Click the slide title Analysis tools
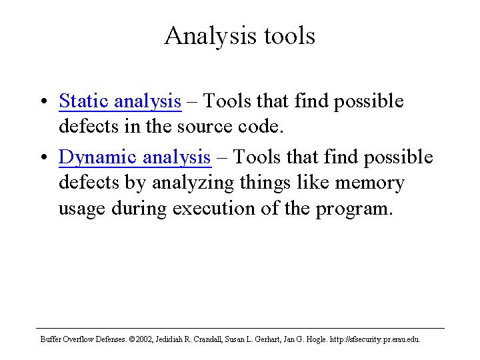pos(240,37)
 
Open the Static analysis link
pos(120,101)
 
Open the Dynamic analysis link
pos(135,157)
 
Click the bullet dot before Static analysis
pos(44,101)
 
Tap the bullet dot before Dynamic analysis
pos(44,157)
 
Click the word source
pos(205,127)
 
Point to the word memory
pos(370,183)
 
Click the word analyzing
pos(193,183)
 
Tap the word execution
pos(214,209)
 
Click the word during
pos(139,209)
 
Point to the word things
pos(265,183)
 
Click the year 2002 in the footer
pos(144,339)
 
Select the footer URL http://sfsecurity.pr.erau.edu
pos(375,340)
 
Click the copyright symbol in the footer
pos(132,339)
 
